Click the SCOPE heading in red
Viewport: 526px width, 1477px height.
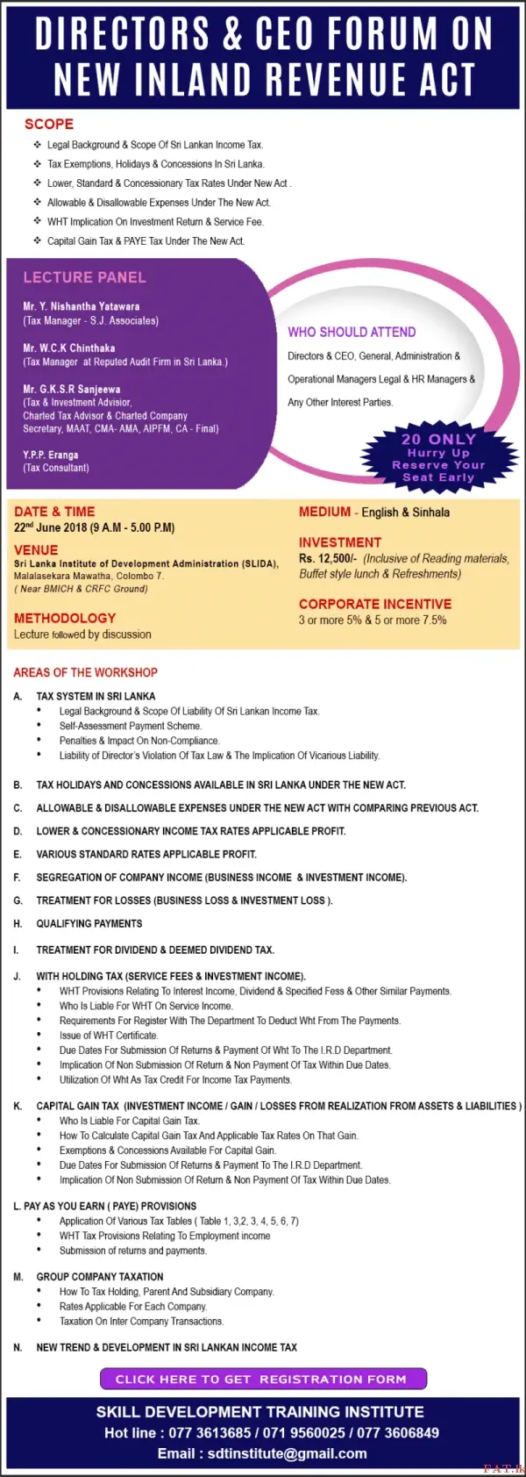(x=49, y=125)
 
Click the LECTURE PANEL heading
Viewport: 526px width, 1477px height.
(x=84, y=277)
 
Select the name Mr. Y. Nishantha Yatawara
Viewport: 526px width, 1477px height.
(x=81, y=307)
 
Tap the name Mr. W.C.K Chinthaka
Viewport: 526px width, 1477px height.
(x=68, y=348)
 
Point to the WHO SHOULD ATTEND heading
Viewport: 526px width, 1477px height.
(x=352, y=332)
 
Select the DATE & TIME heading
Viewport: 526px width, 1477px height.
(x=54, y=512)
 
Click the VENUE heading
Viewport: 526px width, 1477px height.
(x=36, y=549)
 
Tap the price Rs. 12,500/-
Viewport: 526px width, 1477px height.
(x=328, y=558)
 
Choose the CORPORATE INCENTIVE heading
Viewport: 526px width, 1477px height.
(x=375, y=604)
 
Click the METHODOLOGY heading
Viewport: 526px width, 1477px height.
(x=65, y=618)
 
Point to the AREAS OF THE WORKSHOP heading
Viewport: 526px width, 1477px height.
(x=85, y=672)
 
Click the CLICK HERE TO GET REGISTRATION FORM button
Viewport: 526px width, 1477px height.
(x=262, y=1379)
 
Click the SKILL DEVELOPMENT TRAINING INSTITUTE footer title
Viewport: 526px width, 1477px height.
(x=260, y=1411)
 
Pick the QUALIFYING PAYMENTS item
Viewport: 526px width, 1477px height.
(x=89, y=923)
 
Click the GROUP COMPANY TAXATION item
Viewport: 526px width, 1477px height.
(x=100, y=1276)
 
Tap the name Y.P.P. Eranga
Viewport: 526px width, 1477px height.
(x=51, y=455)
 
